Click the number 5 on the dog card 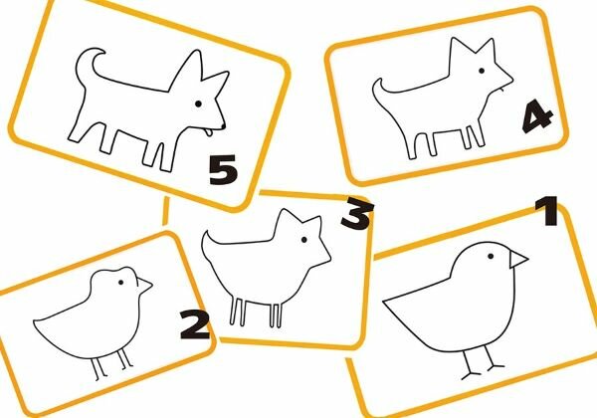coord(223,170)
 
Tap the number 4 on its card coord(537,115)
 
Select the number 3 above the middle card coord(357,215)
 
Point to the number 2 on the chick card coord(195,324)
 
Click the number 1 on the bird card coord(547,211)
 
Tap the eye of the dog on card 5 coord(198,104)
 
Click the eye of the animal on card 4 coord(482,71)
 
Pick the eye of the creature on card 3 coord(303,240)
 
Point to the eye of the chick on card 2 coord(121,282)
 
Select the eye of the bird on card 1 coord(491,256)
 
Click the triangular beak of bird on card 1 coord(517,259)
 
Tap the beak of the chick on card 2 coord(144,286)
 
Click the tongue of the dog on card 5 coord(207,132)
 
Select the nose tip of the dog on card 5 coord(223,125)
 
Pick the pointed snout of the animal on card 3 coord(329,261)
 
